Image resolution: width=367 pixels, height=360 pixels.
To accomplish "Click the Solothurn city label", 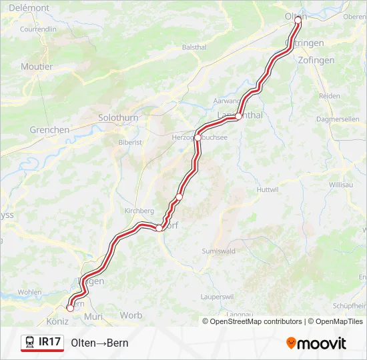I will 117,117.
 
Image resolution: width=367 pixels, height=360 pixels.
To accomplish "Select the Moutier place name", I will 37,67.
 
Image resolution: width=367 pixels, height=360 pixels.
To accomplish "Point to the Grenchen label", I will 49,130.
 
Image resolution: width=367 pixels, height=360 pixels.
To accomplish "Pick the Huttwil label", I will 267,189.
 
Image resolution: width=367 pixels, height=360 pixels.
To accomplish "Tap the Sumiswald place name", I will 218,251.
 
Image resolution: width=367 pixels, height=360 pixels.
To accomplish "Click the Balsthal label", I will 194,47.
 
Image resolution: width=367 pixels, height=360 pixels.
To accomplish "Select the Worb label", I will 131,315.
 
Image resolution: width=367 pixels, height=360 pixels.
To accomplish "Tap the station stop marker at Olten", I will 298,20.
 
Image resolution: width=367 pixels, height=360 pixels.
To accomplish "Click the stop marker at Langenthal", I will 238,117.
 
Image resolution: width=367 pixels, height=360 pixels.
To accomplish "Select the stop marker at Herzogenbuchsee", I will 198,138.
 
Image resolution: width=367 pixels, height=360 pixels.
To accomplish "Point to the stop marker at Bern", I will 70,308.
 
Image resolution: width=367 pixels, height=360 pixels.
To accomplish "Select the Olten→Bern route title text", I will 99,343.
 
